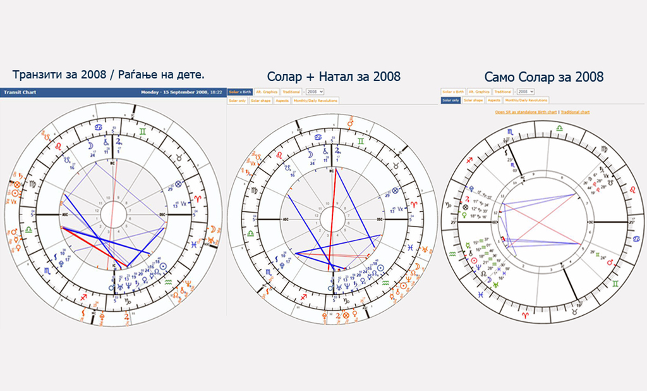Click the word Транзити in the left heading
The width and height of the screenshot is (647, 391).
tap(39, 75)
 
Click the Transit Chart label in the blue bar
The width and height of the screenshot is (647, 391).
tap(20, 92)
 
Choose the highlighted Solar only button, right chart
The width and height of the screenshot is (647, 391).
tap(450, 101)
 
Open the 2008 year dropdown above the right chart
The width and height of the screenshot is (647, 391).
tap(526, 92)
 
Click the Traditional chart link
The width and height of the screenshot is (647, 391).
tap(575, 112)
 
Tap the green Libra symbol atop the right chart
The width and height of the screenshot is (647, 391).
tap(559, 128)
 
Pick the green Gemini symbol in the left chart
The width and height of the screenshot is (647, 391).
tap(145, 129)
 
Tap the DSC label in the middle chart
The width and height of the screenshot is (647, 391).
tap(380, 219)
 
